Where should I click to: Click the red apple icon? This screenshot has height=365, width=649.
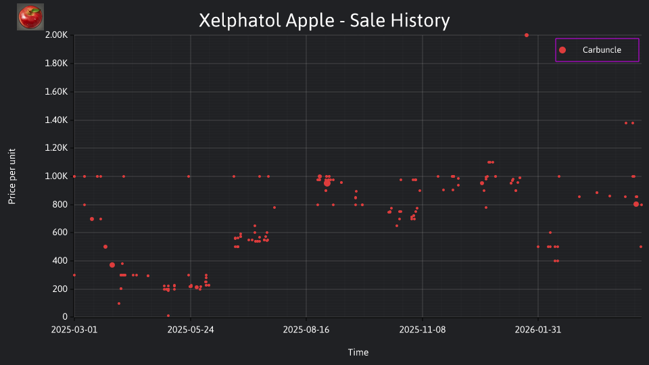[x=30, y=17]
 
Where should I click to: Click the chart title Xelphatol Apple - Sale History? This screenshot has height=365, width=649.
[x=324, y=20]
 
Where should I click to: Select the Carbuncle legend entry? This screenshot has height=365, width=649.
[x=597, y=50]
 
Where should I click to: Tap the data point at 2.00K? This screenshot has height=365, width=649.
[x=527, y=35]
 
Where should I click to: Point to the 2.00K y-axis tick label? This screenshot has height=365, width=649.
[x=56, y=35]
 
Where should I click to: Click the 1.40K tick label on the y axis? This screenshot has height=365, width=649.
[x=56, y=120]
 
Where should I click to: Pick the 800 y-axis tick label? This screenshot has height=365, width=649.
[x=59, y=204]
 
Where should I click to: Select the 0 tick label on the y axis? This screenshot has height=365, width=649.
[x=65, y=317]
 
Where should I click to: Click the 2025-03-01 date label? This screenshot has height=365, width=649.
[x=74, y=330]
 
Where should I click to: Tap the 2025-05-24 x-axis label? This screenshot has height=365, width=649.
[x=191, y=330]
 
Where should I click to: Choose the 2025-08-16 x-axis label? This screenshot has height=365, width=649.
[x=306, y=330]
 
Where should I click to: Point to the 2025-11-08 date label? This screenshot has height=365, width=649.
[x=422, y=330]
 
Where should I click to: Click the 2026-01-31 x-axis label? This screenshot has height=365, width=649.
[x=538, y=330]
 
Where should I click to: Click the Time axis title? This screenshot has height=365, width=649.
[x=358, y=352]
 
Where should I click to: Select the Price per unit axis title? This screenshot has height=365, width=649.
[x=12, y=176]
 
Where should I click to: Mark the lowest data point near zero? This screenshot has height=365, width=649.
[x=168, y=316]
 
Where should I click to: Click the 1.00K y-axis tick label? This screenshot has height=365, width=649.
[x=56, y=176]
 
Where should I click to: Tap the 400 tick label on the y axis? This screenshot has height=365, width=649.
[x=59, y=261]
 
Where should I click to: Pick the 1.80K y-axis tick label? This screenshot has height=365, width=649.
[x=56, y=64]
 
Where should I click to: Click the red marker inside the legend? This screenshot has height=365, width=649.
[x=562, y=50]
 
